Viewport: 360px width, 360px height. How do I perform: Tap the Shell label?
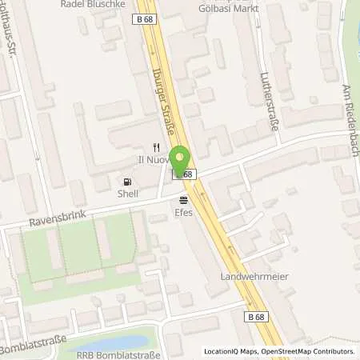[x=128, y=194]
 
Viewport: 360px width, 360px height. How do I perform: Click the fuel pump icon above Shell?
[x=128, y=182]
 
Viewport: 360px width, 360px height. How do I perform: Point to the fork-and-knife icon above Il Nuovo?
[x=158, y=147]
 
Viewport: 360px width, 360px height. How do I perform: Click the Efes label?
[x=184, y=212]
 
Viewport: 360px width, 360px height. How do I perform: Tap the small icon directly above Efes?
[x=184, y=200]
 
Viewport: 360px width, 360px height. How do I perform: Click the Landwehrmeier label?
[x=254, y=277]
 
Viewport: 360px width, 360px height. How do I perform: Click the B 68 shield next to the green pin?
[x=183, y=174]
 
